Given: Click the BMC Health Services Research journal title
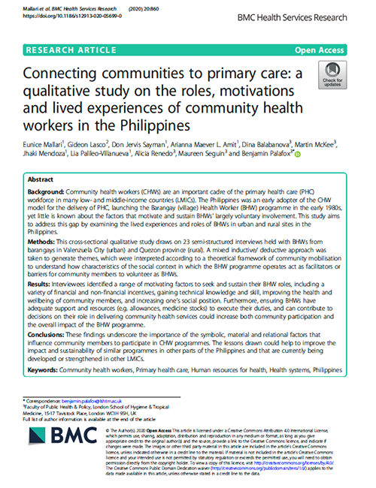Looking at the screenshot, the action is (305, 14).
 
